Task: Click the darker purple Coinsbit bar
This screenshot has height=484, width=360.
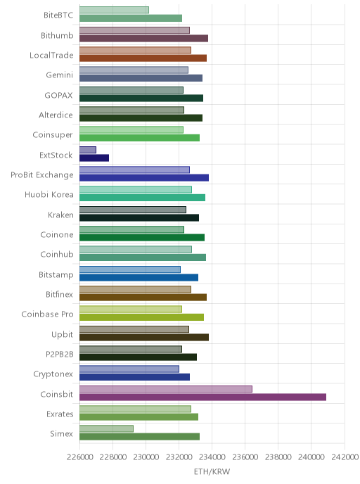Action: [x=202, y=397]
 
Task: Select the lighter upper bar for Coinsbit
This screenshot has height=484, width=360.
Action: [x=166, y=389]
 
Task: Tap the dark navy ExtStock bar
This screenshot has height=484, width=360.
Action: [x=94, y=158]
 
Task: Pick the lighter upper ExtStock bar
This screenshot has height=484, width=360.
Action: [x=88, y=150]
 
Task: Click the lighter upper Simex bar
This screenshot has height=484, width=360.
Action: [x=106, y=428]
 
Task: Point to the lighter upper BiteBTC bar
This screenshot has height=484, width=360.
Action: [x=114, y=10]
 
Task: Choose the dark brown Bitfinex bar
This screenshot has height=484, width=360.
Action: [x=143, y=298]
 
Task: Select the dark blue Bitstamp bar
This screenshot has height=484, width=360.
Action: [x=139, y=277]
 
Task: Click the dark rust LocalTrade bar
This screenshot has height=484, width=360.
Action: [x=143, y=58]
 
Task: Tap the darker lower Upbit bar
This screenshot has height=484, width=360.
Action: [x=144, y=337]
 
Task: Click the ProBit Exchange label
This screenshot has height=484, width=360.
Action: [x=42, y=175]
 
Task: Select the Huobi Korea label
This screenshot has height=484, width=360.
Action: [x=49, y=195]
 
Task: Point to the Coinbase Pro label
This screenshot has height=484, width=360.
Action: [x=47, y=314]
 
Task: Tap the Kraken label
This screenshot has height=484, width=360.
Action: [x=60, y=215]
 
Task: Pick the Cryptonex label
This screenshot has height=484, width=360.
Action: [x=53, y=374]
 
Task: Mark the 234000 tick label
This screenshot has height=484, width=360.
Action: [x=212, y=457]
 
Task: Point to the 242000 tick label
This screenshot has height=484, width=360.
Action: [x=345, y=457]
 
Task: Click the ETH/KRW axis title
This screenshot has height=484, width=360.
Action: [x=212, y=471]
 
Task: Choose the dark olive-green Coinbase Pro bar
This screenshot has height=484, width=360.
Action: [x=141, y=317]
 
